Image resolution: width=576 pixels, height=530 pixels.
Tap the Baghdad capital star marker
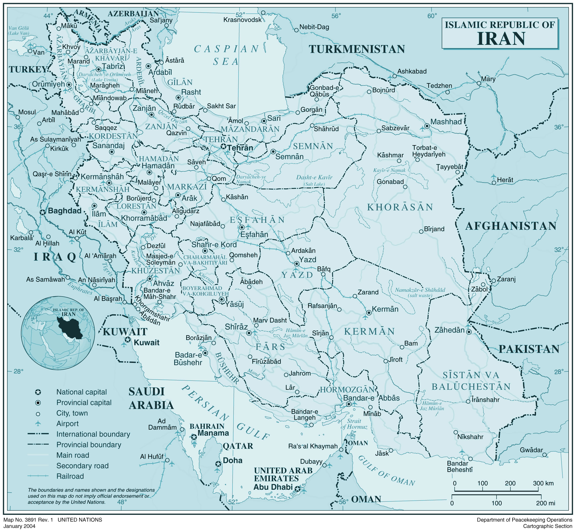tap(42, 212)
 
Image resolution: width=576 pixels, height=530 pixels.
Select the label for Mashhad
tap(446, 122)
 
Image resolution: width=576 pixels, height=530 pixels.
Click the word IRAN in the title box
tap(501, 39)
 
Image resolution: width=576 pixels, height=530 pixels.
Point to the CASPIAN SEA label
tap(227, 55)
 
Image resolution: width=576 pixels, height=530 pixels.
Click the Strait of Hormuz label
tap(354, 424)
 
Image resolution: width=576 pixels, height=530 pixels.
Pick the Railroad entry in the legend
tap(70, 476)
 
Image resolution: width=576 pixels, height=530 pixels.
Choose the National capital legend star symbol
tap(38, 392)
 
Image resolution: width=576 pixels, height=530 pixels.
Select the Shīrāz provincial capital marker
tap(249, 333)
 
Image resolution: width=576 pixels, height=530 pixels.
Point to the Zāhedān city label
tap(449, 330)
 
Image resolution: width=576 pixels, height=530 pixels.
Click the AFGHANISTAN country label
tap(510, 226)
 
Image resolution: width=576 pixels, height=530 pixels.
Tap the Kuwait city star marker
tap(128, 340)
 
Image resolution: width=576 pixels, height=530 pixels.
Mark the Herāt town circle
tap(494, 183)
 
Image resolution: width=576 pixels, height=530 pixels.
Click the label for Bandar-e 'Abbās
tap(371, 398)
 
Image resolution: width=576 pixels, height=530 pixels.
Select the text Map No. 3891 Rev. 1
tap(28, 520)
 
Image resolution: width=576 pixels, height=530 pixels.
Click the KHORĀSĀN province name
tap(400, 207)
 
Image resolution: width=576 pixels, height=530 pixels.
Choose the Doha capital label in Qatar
tap(233, 461)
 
